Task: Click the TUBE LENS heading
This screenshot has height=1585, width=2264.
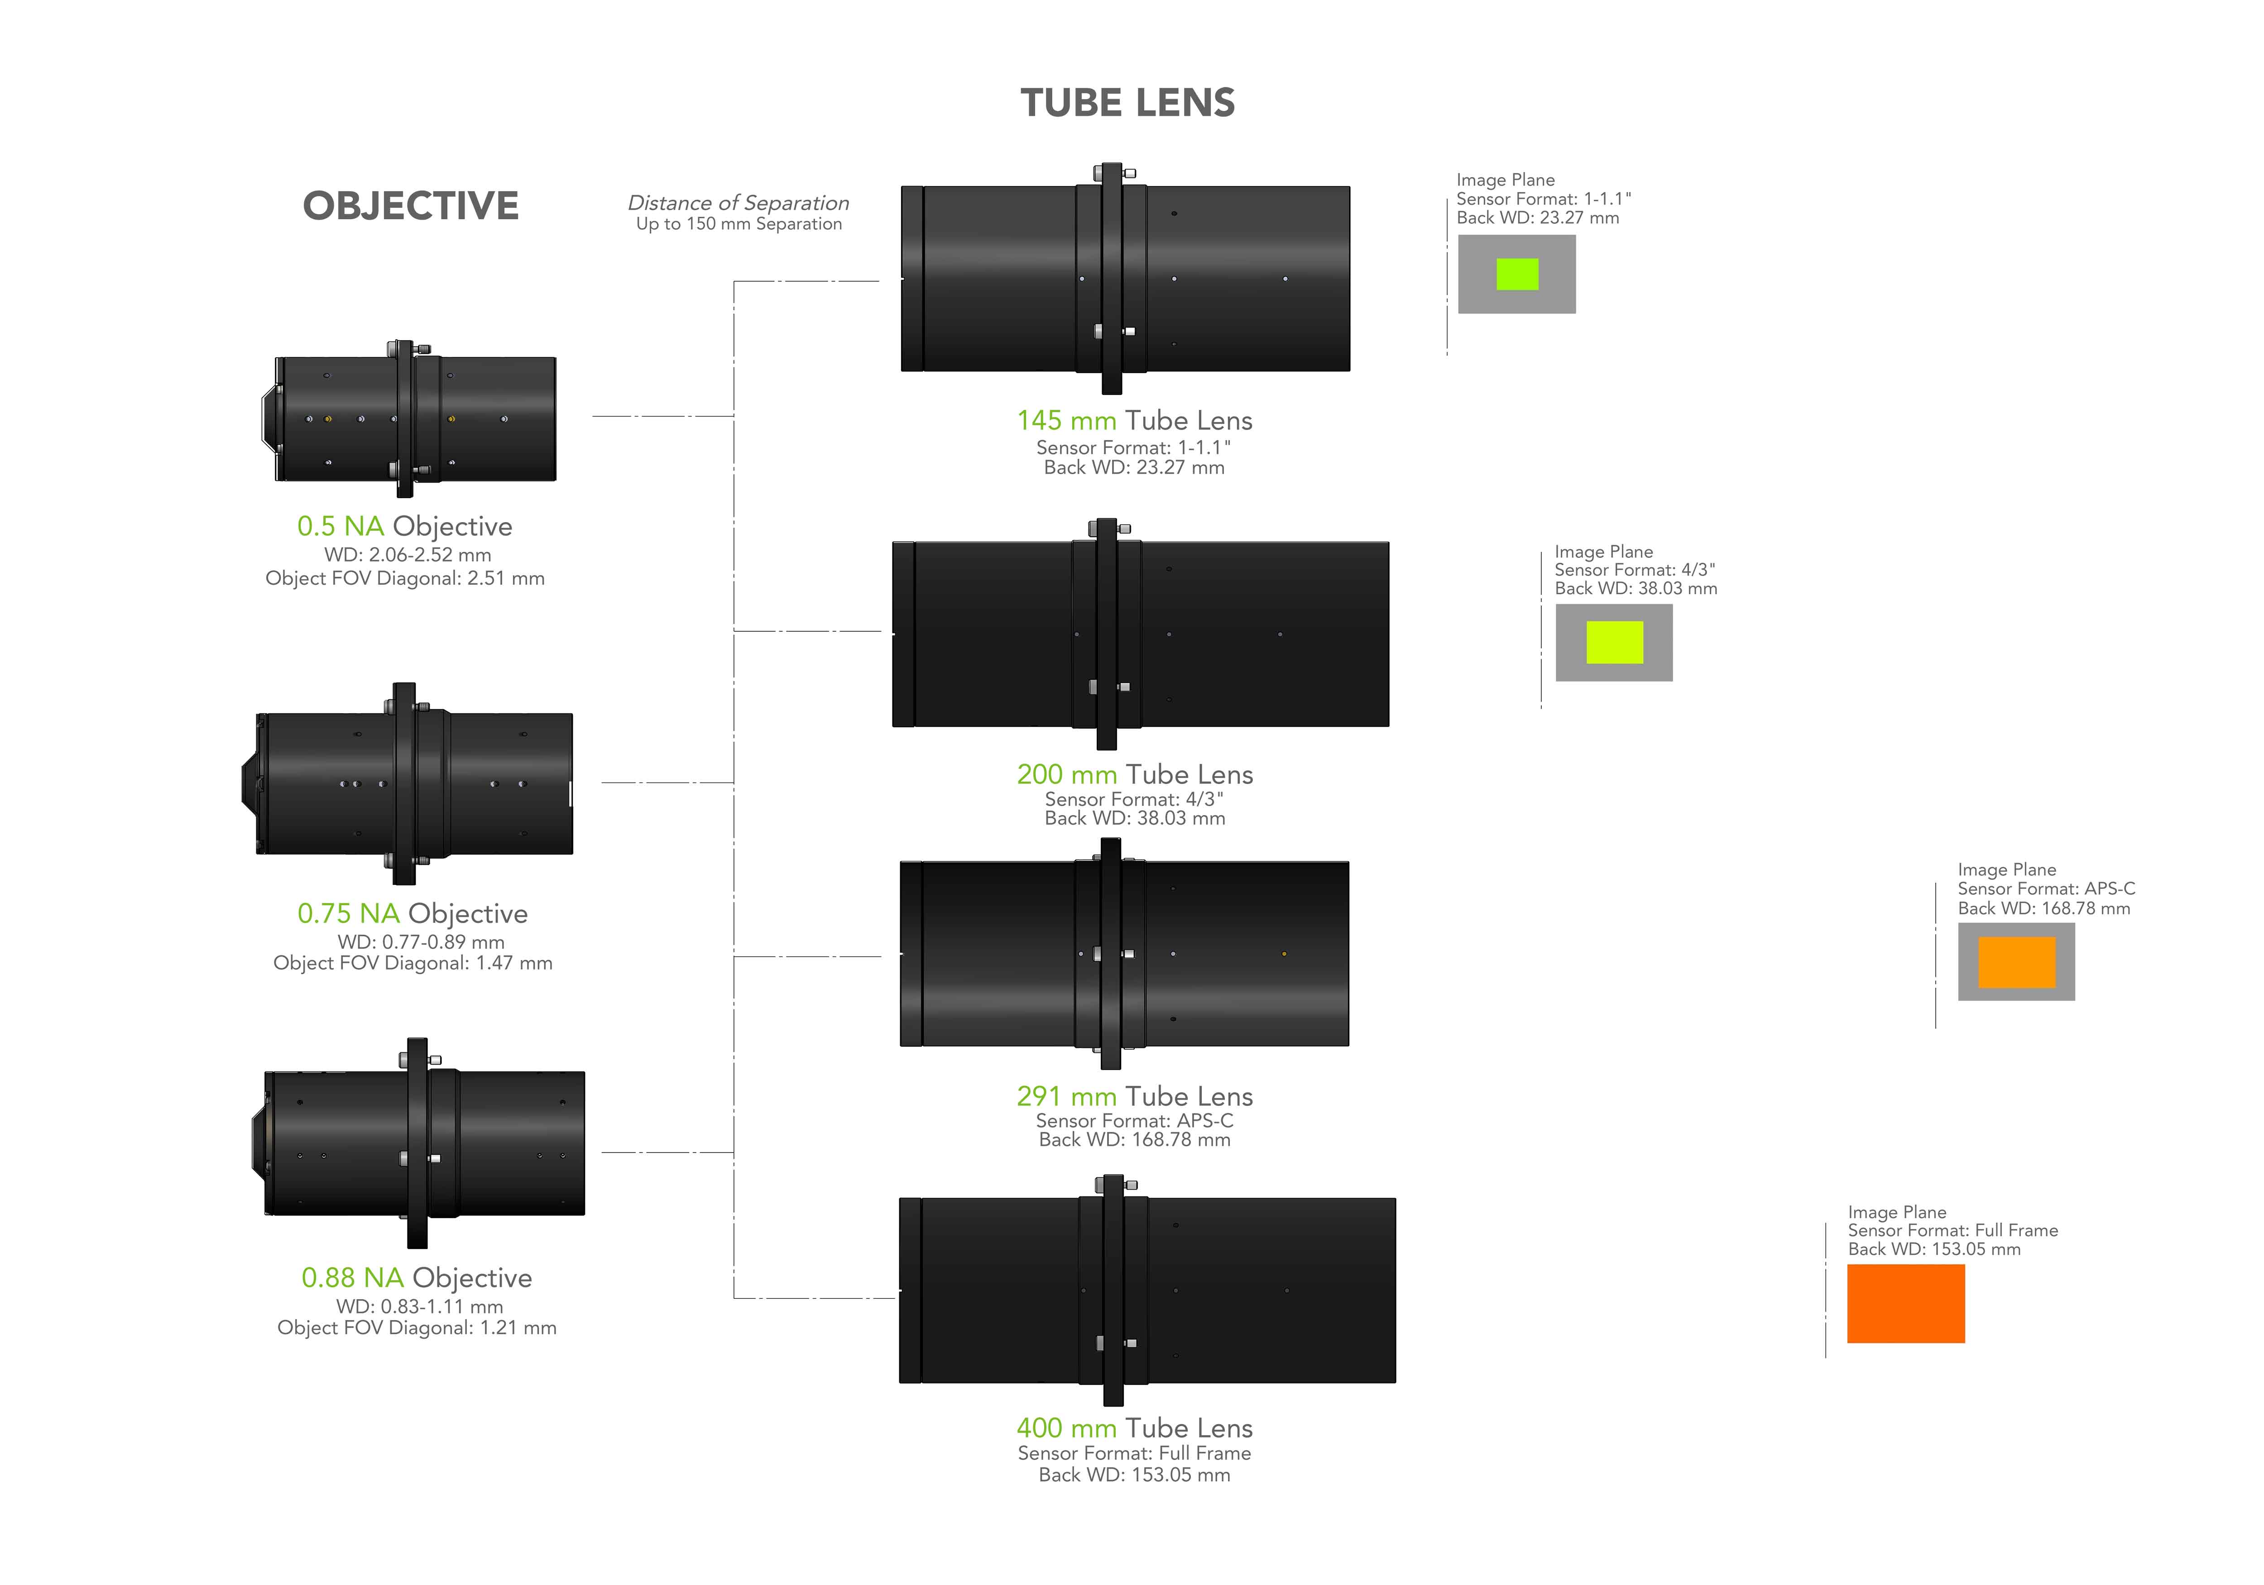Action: pyautogui.click(x=1127, y=103)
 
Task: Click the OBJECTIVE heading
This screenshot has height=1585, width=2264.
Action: pyautogui.click(x=410, y=206)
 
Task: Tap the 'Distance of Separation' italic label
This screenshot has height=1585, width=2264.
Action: pyautogui.click(x=738, y=202)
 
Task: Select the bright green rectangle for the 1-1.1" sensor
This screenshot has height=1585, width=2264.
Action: pyautogui.click(x=1516, y=274)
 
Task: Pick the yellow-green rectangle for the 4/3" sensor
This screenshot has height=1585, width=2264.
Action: pyautogui.click(x=1614, y=642)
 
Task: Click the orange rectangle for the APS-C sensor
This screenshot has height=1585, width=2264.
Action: pyautogui.click(x=2016, y=962)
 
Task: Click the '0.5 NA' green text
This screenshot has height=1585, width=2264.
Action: pyautogui.click(x=340, y=527)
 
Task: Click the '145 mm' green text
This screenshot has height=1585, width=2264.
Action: pyautogui.click(x=1066, y=421)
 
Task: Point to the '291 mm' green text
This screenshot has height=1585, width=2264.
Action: pyautogui.click(x=1066, y=1097)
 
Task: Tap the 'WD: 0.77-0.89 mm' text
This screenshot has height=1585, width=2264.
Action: pyautogui.click(x=421, y=942)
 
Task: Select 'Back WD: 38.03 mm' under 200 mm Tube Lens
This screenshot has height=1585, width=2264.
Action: pyautogui.click(x=1134, y=819)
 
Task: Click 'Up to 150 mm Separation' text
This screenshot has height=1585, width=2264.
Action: pyautogui.click(x=739, y=225)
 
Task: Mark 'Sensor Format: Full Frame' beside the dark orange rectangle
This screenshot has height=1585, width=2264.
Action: pyautogui.click(x=1952, y=1231)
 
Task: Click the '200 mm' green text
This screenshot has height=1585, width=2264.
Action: pyautogui.click(x=1066, y=775)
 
